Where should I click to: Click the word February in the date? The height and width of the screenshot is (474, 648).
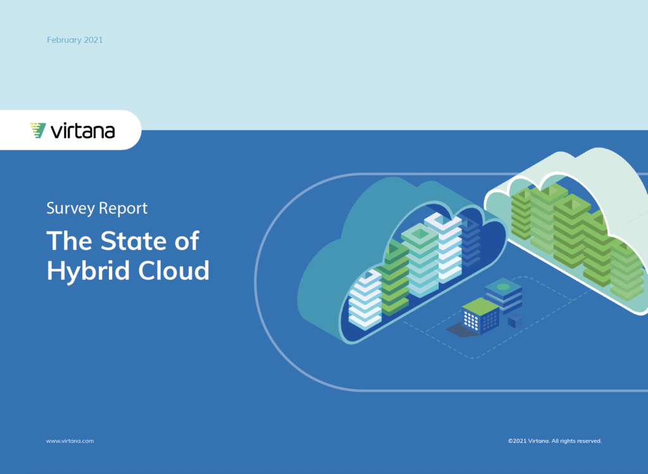64,40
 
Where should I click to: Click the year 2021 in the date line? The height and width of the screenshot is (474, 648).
94,40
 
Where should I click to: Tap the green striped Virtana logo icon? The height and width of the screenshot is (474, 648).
37,130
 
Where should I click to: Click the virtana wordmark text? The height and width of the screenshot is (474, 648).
83,131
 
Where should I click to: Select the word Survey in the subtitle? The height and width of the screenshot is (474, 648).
71,208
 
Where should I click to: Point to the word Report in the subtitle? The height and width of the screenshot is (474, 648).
123,208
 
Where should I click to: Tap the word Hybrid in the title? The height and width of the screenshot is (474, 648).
89,271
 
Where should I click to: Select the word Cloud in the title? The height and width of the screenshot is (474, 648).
174,270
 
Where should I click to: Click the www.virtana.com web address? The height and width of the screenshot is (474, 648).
70,441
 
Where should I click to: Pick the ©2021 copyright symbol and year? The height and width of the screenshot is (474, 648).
517,441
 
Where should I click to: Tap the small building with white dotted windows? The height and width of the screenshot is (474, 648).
481,316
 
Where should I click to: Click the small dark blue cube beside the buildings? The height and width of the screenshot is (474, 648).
515,320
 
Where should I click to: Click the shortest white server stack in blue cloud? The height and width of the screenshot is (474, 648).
365,300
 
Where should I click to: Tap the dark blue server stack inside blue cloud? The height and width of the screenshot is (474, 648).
471,242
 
